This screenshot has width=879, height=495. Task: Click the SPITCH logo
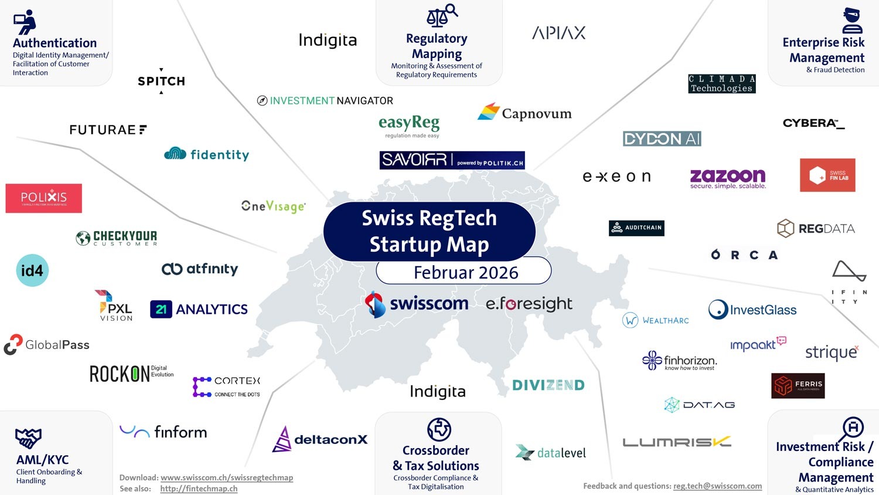161,81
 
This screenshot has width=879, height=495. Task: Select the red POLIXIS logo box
44,198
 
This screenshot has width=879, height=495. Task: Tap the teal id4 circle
32,270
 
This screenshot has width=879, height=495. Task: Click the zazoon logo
728,178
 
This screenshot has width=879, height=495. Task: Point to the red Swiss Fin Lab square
827,175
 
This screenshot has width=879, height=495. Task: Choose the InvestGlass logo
752,310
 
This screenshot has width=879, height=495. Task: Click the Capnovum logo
524,113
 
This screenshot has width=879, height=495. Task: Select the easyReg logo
409,126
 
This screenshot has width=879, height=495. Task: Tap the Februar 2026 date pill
464,272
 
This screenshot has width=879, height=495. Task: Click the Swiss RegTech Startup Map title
429,231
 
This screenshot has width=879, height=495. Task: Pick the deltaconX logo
320,439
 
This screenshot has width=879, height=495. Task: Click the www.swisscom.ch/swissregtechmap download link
227,477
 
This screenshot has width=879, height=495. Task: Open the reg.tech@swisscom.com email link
717,486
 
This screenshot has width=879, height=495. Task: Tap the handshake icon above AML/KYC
28,438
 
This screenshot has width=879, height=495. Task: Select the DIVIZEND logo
548,385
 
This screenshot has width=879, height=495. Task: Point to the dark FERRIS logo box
798,385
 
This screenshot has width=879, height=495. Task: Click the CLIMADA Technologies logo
721,84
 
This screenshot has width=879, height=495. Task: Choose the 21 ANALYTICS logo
199,309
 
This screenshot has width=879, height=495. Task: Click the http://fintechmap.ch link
199,489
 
